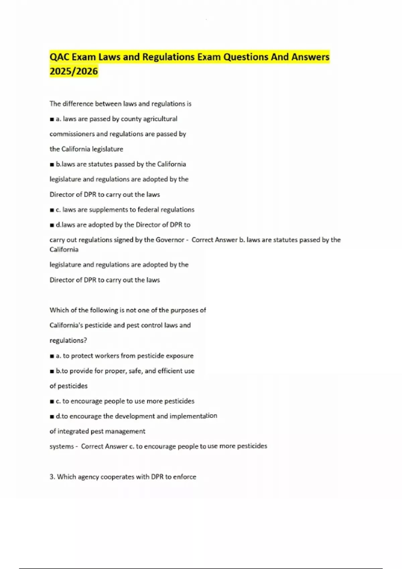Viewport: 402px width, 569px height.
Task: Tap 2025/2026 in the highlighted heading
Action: tap(74, 71)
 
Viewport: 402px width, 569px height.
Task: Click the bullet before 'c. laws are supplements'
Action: tap(52, 210)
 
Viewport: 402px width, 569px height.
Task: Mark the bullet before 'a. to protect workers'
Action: tap(52, 356)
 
